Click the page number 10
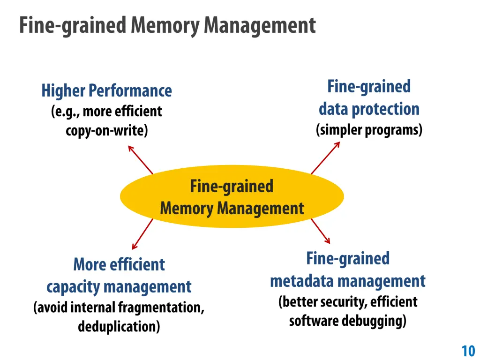coord(468,351)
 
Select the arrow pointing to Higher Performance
coord(141,159)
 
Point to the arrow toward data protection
coord(325,157)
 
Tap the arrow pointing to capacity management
coord(142,233)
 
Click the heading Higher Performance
coord(106,90)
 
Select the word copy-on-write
coord(106,130)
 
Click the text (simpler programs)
coord(369,129)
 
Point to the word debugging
coord(378,321)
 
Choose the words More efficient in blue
coord(119,264)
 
